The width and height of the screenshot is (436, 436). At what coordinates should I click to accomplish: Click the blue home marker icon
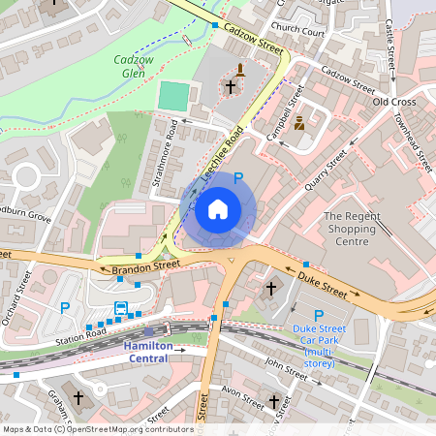click(x=218, y=209)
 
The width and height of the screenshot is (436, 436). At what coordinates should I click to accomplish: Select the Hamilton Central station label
click(x=146, y=352)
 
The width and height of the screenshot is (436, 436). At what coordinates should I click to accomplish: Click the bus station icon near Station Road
click(x=121, y=308)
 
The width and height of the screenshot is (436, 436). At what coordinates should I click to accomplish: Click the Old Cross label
click(x=393, y=102)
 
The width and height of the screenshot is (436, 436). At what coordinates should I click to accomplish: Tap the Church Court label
click(x=297, y=29)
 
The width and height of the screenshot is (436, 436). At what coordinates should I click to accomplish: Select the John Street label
click(x=285, y=366)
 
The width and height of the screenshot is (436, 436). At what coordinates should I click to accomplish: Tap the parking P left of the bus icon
click(x=65, y=308)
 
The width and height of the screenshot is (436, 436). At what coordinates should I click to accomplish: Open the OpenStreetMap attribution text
click(x=98, y=428)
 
